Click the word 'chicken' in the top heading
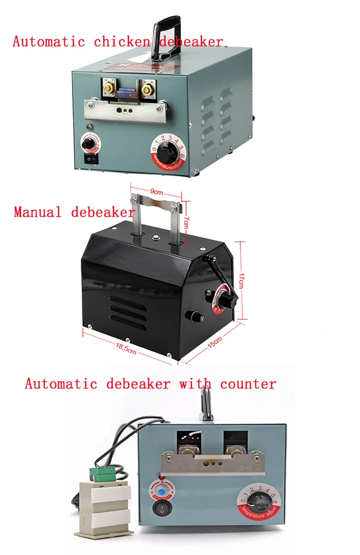click(x=121, y=42)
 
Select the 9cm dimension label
click(x=156, y=192)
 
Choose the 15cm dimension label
click(x=214, y=343)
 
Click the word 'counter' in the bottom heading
click(x=248, y=384)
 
